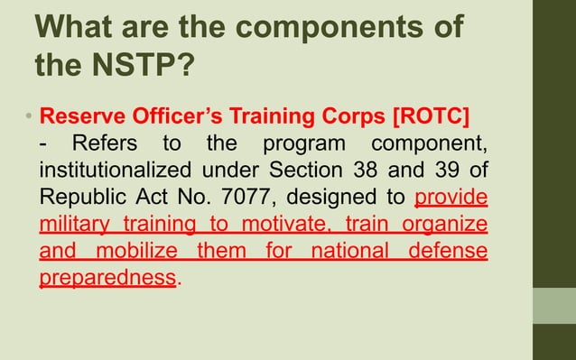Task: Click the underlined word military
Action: (74, 225)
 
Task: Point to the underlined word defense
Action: (449, 251)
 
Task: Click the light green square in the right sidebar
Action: (553, 306)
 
